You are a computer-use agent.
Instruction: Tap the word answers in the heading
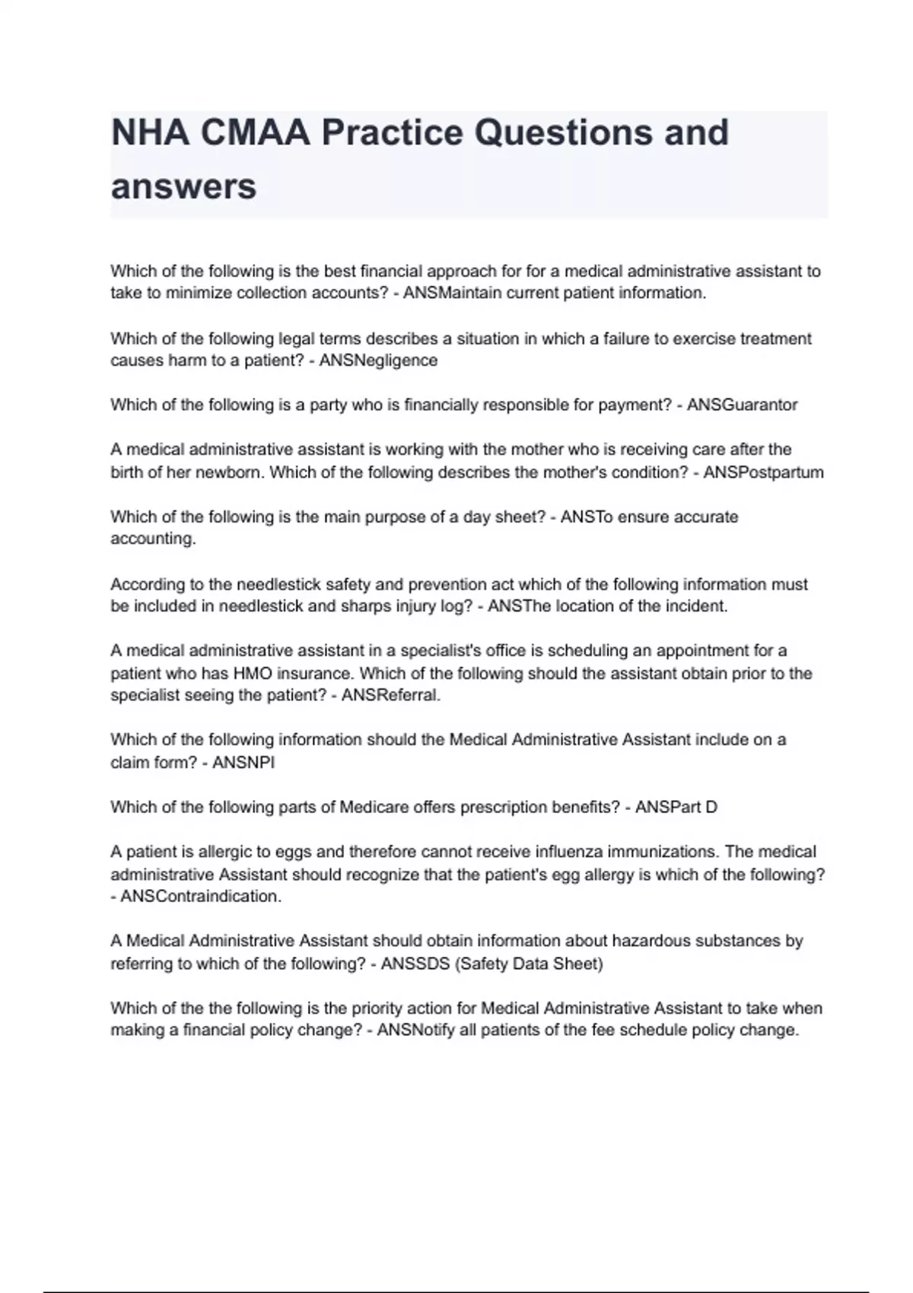pyautogui.click(x=183, y=186)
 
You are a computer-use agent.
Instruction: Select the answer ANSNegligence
pyautogui.click(x=378, y=361)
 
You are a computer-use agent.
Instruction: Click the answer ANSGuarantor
pyautogui.click(x=742, y=405)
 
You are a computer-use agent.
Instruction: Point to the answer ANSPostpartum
pyautogui.click(x=763, y=472)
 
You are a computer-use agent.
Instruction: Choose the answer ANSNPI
pyautogui.click(x=243, y=762)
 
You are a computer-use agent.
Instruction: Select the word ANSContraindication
pyautogui.click(x=201, y=896)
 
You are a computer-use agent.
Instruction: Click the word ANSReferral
pyautogui.click(x=390, y=695)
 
